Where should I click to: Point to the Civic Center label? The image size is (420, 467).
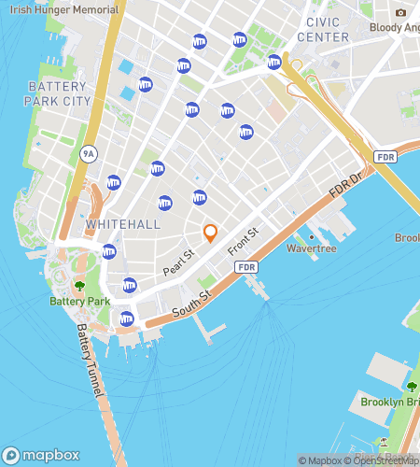(323, 29)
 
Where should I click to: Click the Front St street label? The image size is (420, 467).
(241, 241)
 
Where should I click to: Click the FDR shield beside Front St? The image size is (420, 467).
(246, 268)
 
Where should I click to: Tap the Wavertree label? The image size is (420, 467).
(311, 249)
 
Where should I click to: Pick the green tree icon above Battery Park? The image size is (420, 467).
(79, 286)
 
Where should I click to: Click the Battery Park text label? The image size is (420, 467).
(79, 302)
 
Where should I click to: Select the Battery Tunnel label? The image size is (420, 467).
(89, 361)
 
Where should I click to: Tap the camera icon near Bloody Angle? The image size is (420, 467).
(400, 13)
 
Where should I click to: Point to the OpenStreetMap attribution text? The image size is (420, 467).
(383, 460)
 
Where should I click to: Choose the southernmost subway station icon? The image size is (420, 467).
(127, 319)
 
